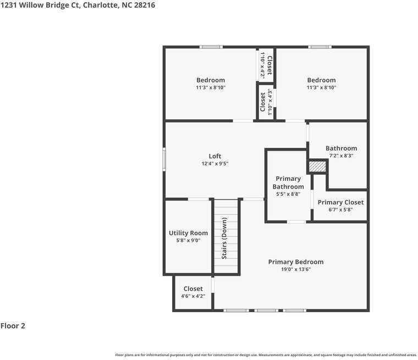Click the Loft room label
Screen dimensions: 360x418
pos(215,156)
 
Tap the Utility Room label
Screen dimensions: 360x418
pos(188,233)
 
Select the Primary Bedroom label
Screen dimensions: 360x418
pos(295,262)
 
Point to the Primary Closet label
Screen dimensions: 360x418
pos(340,202)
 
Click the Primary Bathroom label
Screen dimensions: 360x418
pos(288,182)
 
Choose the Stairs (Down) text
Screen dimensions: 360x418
pos(224,238)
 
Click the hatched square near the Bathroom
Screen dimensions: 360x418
pos(317,166)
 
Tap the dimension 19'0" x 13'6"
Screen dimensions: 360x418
pos(295,269)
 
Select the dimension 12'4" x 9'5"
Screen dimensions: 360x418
pos(215,164)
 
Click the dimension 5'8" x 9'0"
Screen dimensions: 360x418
pos(188,240)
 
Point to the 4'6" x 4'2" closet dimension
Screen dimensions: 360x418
pos(193,296)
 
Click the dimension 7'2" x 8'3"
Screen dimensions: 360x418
pos(341,156)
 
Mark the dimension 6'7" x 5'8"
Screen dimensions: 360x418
pos(340,209)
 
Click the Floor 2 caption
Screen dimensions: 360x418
pos(13,326)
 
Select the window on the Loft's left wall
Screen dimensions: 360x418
pos(164,159)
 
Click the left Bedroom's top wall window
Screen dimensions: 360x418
pos(211,47)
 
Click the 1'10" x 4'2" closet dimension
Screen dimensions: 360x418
pos(262,65)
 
